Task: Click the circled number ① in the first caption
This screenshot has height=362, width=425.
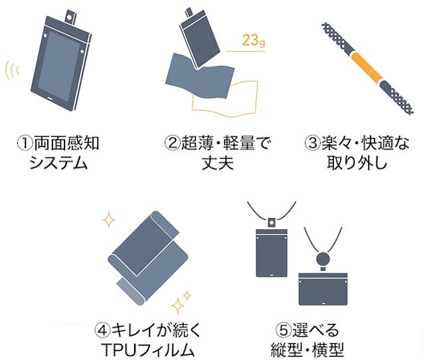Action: click(x=25, y=143)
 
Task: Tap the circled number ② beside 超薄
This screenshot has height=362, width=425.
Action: click(x=173, y=143)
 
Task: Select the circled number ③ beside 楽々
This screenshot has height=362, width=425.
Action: click(x=313, y=143)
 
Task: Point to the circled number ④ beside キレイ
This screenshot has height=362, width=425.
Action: click(x=103, y=330)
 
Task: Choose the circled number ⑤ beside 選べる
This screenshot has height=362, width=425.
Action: click(x=284, y=330)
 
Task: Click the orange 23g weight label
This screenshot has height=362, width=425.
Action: click(x=254, y=40)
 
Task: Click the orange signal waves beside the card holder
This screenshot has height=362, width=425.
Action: click(x=12, y=70)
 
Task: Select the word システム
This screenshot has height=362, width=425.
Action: click(x=58, y=163)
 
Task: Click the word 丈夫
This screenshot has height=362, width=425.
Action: click(x=218, y=163)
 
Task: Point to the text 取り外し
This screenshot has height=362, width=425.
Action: click(x=357, y=163)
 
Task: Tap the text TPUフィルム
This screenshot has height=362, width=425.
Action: click(x=148, y=350)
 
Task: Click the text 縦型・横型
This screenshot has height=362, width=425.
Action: click(x=307, y=350)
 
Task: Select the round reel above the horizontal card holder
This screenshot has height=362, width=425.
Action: click(x=324, y=259)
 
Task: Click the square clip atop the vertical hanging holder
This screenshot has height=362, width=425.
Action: click(x=272, y=223)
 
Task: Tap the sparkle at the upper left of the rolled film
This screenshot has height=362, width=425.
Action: click(x=109, y=220)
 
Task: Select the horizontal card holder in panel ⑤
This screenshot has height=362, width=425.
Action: click(x=323, y=289)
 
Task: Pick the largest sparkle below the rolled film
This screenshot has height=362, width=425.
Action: click(x=178, y=306)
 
